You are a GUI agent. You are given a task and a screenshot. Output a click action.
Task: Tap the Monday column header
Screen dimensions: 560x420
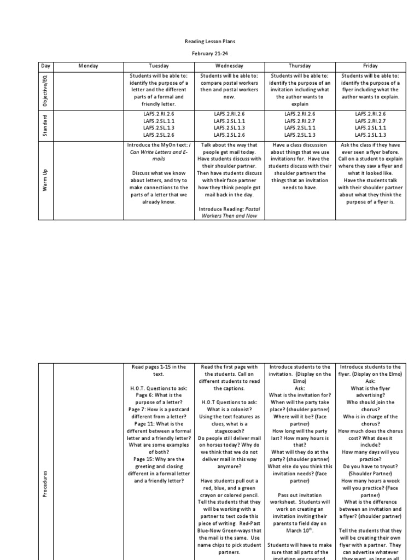point(88,66)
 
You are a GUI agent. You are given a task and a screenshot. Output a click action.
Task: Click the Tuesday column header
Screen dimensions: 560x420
point(159,66)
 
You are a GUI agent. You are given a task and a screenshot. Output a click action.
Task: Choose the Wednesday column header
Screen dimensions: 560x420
point(229,66)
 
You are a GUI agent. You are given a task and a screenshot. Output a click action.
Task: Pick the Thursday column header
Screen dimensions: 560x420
point(300,66)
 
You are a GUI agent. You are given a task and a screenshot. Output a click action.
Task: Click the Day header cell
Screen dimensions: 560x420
point(46,66)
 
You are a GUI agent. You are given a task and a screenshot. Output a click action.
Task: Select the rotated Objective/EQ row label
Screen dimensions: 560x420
point(46,90)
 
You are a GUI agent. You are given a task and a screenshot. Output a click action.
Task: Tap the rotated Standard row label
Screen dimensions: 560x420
point(46,125)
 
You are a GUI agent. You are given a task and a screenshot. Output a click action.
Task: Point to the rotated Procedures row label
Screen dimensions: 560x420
point(46,481)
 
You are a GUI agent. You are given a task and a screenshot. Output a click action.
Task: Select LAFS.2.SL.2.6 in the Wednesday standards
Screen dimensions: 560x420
point(229,135)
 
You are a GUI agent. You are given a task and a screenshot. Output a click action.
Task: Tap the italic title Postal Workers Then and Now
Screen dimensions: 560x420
point(230,212)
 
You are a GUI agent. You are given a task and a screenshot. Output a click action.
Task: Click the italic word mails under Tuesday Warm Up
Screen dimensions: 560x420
point(159,159)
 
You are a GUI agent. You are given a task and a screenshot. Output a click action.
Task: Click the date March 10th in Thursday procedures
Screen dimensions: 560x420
point(300,529)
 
